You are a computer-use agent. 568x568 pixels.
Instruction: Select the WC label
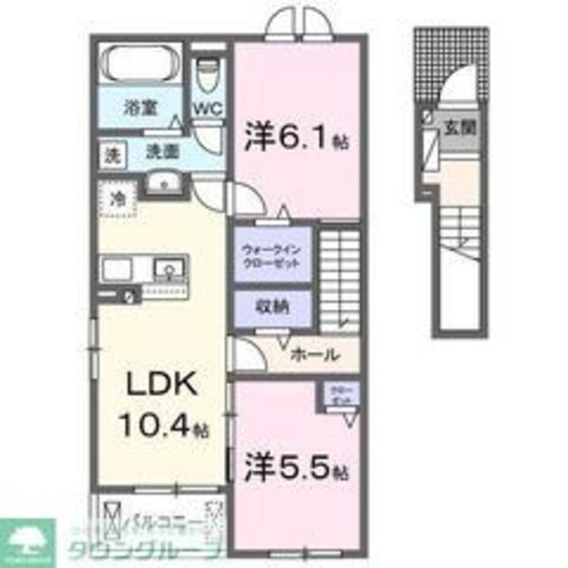(x=207, y=107)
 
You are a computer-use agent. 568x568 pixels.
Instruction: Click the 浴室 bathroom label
(x=141, y=108)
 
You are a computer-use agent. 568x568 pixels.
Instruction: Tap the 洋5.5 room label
(x=293, y=467)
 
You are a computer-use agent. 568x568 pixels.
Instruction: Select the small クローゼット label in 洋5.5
(x=338, y=395)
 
